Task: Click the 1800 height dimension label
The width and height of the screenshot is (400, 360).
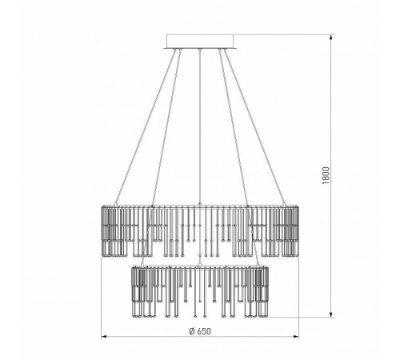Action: (326, 175)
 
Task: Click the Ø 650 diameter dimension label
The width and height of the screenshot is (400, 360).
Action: (200, 331)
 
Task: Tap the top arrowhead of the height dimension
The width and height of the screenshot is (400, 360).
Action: (331, 37)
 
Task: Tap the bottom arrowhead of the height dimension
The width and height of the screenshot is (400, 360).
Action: (331, 314)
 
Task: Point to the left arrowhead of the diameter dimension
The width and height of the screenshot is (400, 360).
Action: (104, 337)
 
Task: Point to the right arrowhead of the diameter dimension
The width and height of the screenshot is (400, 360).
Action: (296, 337)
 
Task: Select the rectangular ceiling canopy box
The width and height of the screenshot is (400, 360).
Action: (200, 42)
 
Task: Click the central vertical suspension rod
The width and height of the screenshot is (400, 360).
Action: (200, 126)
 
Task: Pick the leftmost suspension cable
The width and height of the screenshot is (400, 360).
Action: (146, 126)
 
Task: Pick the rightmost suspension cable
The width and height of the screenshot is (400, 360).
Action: (254, 126)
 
